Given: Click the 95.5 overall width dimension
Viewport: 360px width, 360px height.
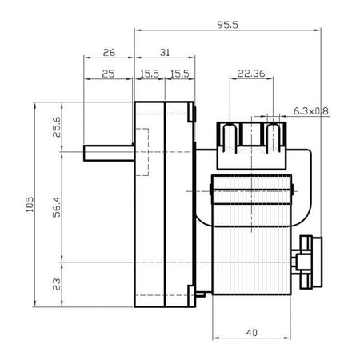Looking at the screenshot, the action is (x=227, y=25).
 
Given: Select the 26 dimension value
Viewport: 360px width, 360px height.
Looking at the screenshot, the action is (x=109, y=53).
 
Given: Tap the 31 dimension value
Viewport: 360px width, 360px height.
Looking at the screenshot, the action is (x=165, y=53).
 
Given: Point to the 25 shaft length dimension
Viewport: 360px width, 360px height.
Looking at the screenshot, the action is (x=108, y=74).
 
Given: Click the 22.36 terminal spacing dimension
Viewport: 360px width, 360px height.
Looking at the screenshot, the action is (x=251, y=74).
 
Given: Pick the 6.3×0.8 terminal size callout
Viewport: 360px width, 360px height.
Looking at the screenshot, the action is (x=310, y=111).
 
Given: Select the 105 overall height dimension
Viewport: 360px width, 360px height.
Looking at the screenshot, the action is (x=30, y=204).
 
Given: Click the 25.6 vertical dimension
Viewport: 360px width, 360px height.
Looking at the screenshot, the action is (x=57, y=127).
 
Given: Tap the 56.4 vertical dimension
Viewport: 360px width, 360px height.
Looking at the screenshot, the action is (x=57, y=207).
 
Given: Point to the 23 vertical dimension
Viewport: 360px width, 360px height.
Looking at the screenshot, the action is (x=57, y=284).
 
